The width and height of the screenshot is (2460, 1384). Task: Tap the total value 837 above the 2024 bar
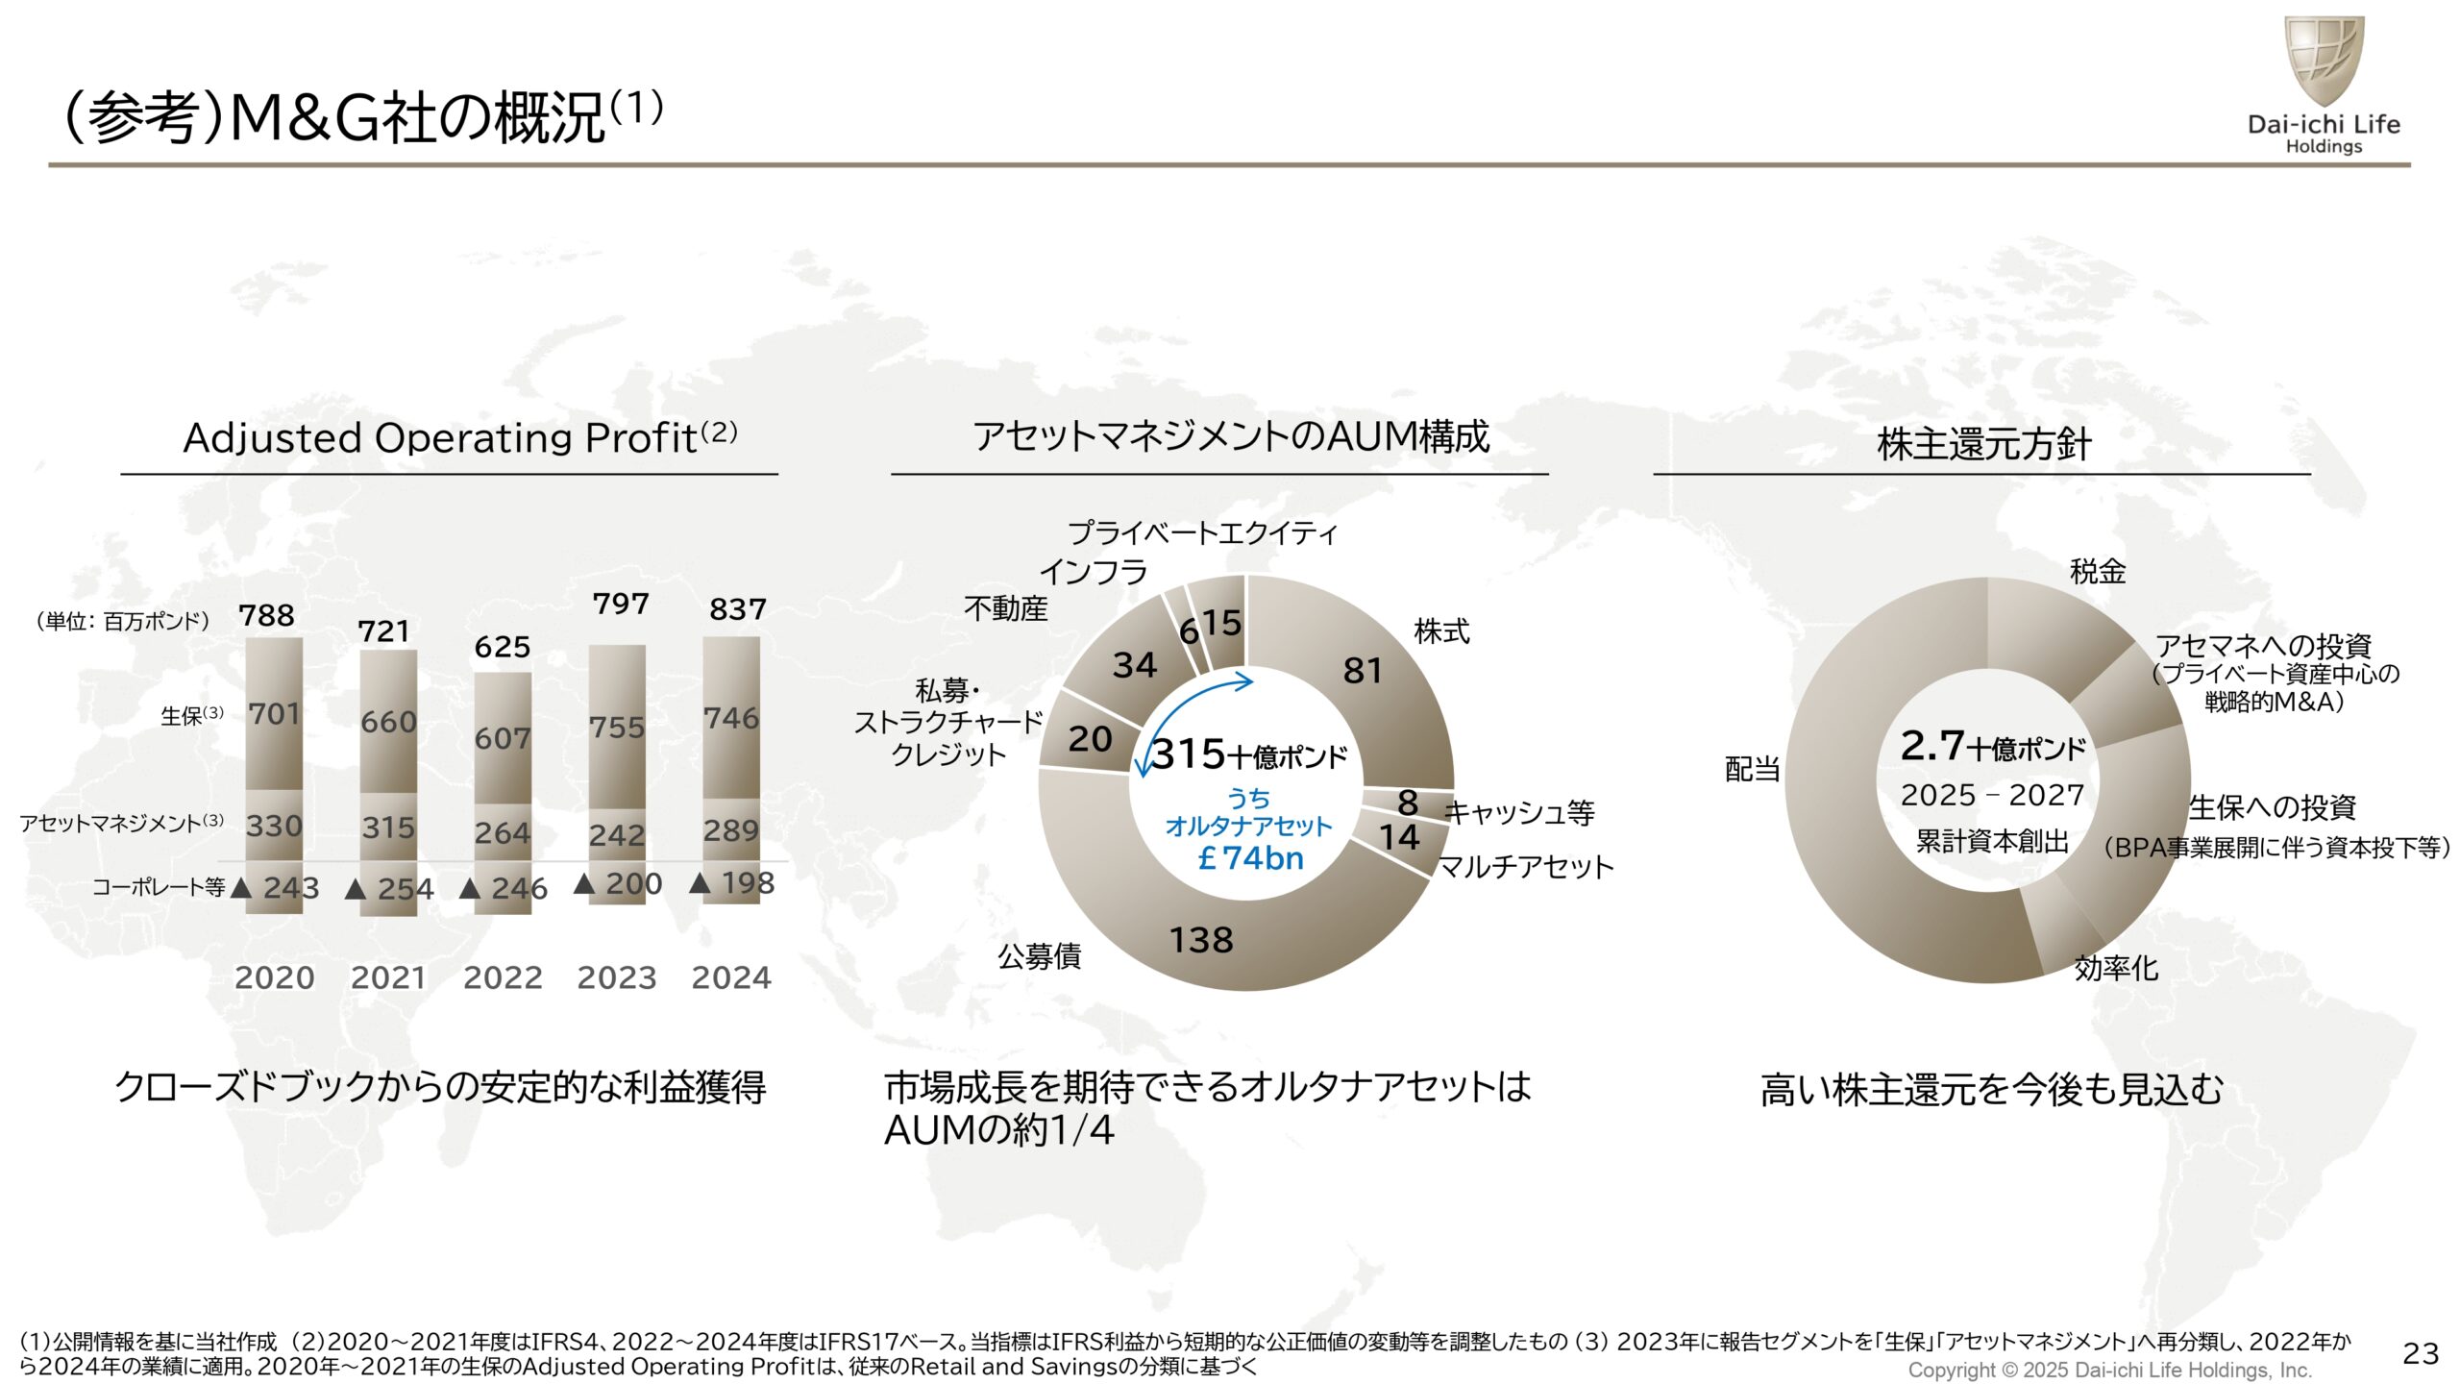pyautogui.click(x=737, y=609)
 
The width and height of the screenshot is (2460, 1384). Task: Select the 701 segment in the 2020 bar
pyautogui.click(x=274, y=714)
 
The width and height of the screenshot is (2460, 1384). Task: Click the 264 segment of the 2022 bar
pyautogui.click(x=502, y=832)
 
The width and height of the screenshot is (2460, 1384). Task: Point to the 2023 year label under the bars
pyautogui.click(x=616, y=977)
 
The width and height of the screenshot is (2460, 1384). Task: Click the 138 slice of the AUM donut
pyautogui.click(x=1201, y=940)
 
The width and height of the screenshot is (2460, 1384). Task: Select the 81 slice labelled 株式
pyautogui.click(x=1363, y=670)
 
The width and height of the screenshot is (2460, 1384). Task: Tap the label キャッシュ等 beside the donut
pyautogui.click(x=1519, y=813)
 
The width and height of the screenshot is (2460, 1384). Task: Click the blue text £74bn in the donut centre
pyautogui.click(x=1251, y=857)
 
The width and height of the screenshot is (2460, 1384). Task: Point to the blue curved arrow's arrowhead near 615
pyautogui.click(x=1246, y=682)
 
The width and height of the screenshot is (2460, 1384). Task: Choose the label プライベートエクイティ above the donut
pyautogui.click(x=1202, y=532)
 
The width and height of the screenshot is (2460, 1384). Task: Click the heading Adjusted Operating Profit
pyautogui.click(x=440, y=438)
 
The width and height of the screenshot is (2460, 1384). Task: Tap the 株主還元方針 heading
pyautogui.click(x=1983, y=444)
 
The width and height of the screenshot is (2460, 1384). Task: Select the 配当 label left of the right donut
pyautogui.click(x=1752, y=769)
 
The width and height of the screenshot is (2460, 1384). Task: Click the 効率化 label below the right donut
pyautogui.click(x=2116, y=968)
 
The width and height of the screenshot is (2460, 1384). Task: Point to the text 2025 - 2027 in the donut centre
pyautogui.click(x=1992, y=796)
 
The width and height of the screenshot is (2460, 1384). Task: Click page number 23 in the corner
pyautogui.click(x=2420, y=1353)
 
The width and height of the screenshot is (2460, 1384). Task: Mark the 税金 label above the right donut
pyautogui.click(x=2097, y=572)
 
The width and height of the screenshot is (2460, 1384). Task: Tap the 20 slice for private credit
pyautogui.click(x=1090, y=739)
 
